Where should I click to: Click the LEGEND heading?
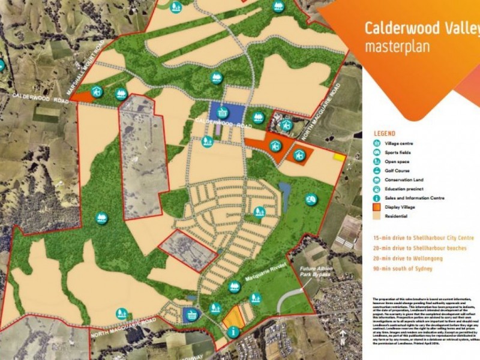pos(384,133)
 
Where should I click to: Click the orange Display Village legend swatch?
pos(376,207)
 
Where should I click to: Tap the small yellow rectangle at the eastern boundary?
pos(340,157)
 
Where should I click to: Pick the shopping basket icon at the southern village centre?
pos(191,314)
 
